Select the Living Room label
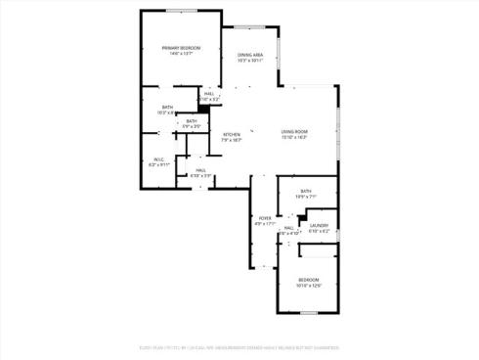point(294,132)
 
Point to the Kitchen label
point(232,135)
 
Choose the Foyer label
point(264,218)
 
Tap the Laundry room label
point(320,225)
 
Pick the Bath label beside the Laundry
point(306,191)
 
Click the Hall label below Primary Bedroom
point(209,93)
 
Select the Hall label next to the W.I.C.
point(200,170)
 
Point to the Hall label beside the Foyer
point(289,228)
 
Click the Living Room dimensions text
point(294,138)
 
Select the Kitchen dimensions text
point(232,141)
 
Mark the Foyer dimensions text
point(264,224)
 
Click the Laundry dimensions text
point(320,231)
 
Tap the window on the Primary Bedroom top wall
point(181,11)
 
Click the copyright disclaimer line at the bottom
point(239,345)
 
